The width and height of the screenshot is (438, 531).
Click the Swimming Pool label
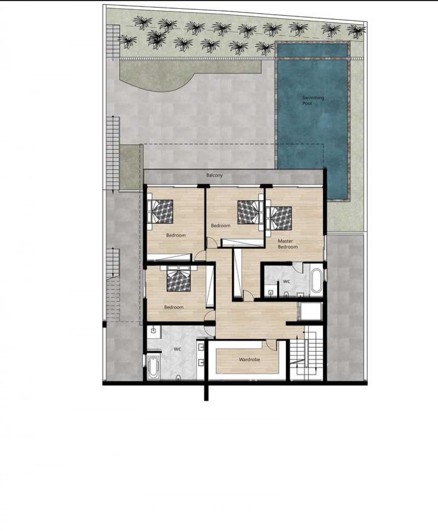pyautogui.click(x=313, y=100)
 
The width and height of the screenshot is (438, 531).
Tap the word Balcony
pyautogui.click(x=214, y=175)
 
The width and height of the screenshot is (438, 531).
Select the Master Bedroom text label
pyautogui.click(x=288, y=244)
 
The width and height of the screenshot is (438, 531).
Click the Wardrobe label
pyautogui.click(x=249, y=360)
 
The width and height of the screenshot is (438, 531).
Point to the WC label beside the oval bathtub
pyautogui.click(x=287, y=282)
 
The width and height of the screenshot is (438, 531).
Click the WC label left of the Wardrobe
pyautogui.click(x=177, y=349)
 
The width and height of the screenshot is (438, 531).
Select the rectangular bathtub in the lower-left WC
pyautogui.click(x=153, y=367)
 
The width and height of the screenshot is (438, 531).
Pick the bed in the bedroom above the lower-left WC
pyautogui.click(x=178, y=279)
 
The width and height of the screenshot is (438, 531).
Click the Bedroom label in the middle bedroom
pyautogui.click(x=220, y=226)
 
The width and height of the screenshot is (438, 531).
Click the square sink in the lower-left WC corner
pyautogui.click(x=153, y=331)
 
